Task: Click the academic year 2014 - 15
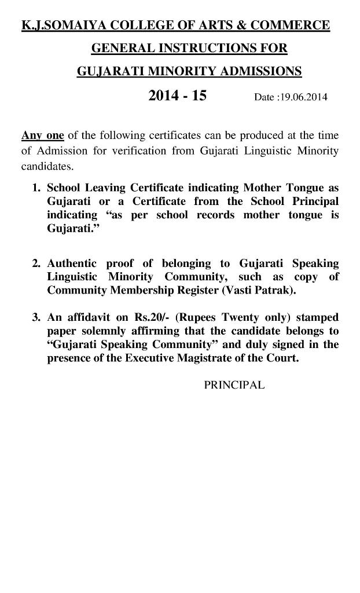[x=177, y=96]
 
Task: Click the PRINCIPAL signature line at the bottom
[x=234, y=385]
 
